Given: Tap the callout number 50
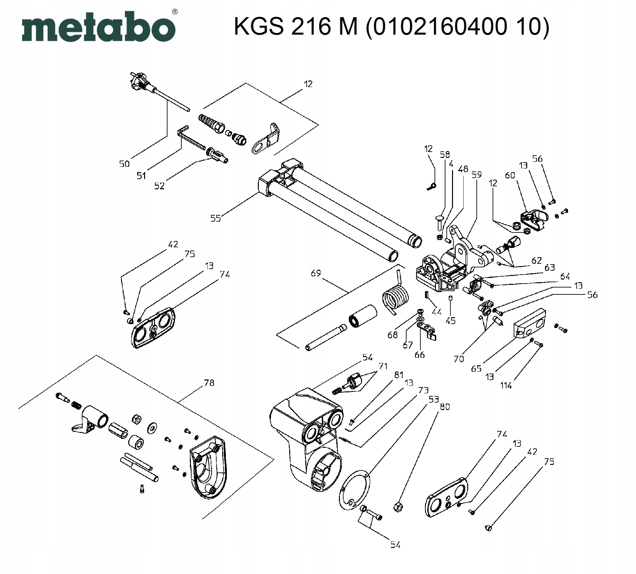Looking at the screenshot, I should click(124, 164).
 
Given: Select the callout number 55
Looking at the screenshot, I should click(215, 218).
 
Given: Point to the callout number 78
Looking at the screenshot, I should click(209, 383).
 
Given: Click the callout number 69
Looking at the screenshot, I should click(316, 273).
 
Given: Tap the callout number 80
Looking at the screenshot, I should click(445, 407).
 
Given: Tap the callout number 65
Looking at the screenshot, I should click(476, 368).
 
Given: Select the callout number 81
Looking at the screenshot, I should click(399, 375).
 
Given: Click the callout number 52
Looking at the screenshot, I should click(159, 186).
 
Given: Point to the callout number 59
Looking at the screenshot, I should click(477, 175).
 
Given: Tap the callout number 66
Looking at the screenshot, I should click(419, 355).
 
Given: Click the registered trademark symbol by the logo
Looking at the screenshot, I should click(175, 12).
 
